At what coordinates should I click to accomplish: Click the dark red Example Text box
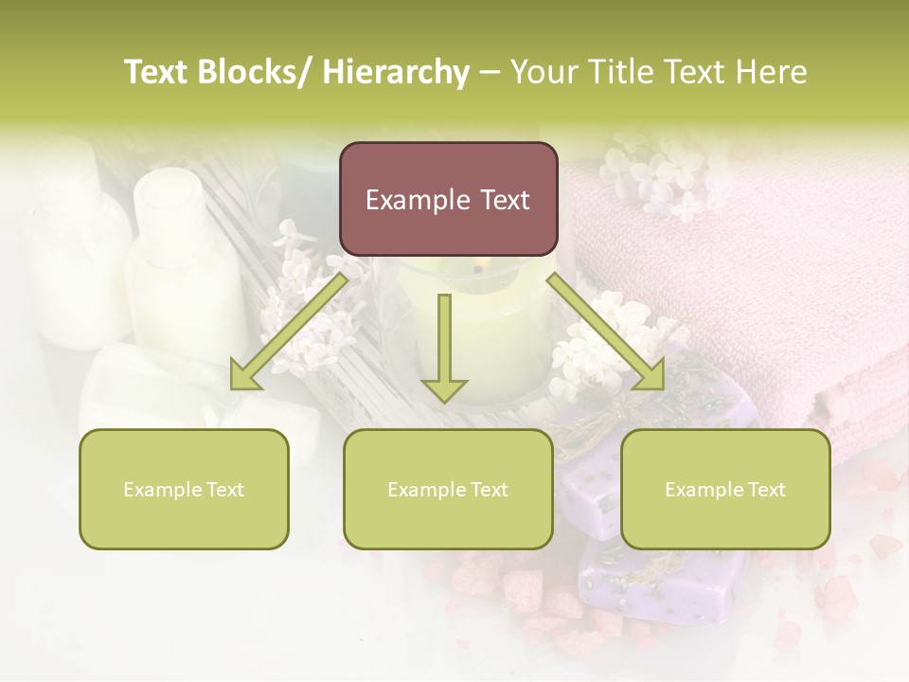[x=448, y=199]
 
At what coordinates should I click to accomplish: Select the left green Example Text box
[x=184, y=489]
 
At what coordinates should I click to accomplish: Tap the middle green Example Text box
[x=448, y=489]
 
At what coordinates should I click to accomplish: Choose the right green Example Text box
[x=725, y=489]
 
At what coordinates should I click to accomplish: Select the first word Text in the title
[x=158, y=72]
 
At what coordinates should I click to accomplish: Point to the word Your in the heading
[x=544, y=72]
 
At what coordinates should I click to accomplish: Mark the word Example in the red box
[x=411, y=200]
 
